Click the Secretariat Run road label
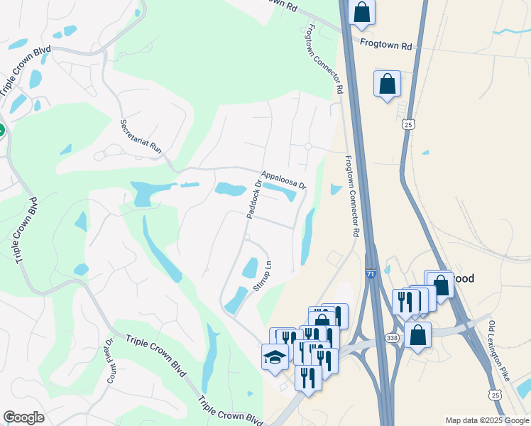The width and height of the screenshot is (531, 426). pyautogui.click(x=142, y=136)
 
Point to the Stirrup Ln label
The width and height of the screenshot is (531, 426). pyautogui.click(x=263, y=276)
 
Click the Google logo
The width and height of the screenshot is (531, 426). pyautogui.click(x=23, y=417)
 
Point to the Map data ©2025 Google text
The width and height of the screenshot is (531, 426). pyautogui.click(x=487, y=420)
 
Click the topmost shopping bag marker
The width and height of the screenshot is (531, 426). pyautogui.click(x=362, y=12)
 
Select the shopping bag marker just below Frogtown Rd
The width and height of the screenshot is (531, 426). pyautogui.click(x=387, y=84)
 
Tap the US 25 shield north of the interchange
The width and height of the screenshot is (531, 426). pyautogui.click(x=407, y=125)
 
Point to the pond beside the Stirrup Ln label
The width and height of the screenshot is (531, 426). pyautogui.click(x=249, y=268)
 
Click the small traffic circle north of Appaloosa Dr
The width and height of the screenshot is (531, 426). pyautogui.click(x=308, y=147)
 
